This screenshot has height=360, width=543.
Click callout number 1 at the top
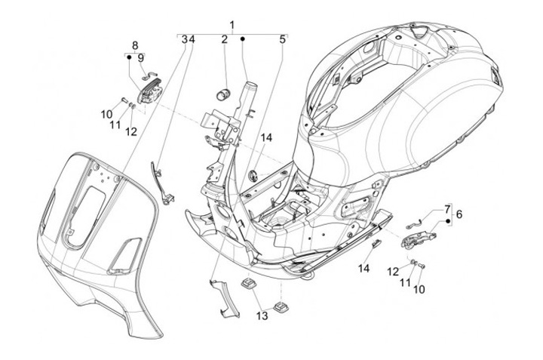click(x=232, y=25)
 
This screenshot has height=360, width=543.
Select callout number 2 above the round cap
click(x=225, y=39)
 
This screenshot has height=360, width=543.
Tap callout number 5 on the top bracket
click(x=283, y=39)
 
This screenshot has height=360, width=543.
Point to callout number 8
click(x=135, y=45)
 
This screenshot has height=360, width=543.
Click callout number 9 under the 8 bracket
click(x=140, y=57)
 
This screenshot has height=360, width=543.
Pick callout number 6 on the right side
click(x=459, y=214)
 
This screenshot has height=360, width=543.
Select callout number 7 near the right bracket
click(x=447, y=209)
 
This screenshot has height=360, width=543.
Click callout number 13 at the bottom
click(x=262, y=315)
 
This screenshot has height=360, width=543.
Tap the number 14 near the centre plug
click(x=266, y=137)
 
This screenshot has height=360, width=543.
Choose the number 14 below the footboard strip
click(x=364, y=268)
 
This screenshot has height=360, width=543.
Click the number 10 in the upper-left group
click(x=106, y=114)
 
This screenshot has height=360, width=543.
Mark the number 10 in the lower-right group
click(x=419, y=289)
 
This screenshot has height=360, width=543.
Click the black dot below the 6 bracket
click(x=447, y=220)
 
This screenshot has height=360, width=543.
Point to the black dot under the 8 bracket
click(x=129, y=57)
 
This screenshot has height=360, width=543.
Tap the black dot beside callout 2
click(x=243, y=39)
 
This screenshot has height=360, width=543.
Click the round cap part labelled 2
click(x=223, y=94)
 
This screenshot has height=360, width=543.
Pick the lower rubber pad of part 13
click(x=281, y=307)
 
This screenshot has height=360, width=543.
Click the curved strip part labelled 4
click(x=161, y=183)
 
